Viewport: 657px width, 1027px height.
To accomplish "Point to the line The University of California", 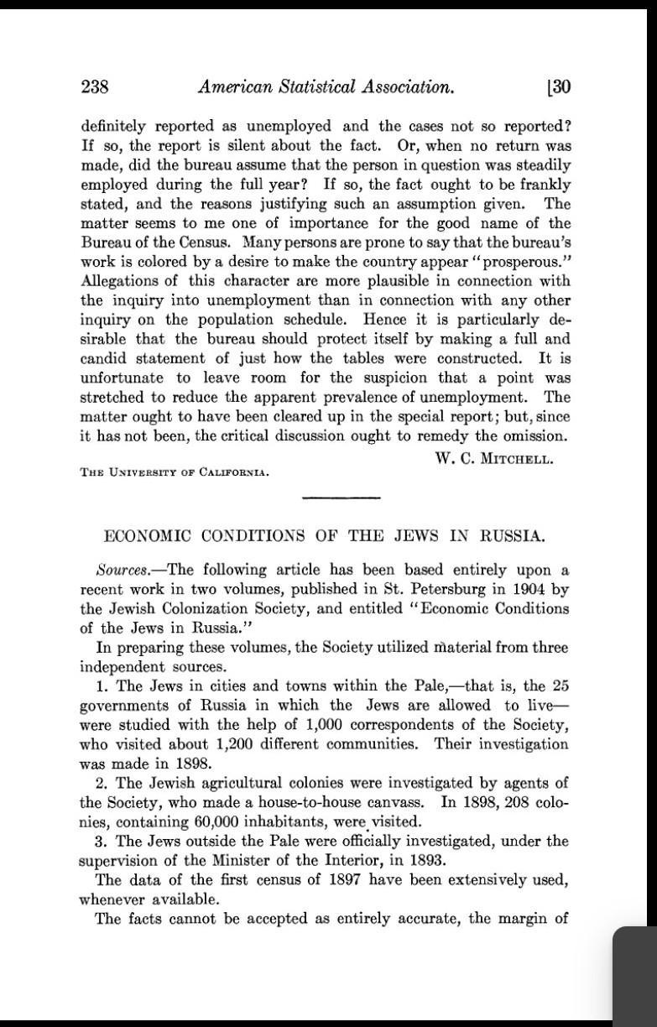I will point(175,472).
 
